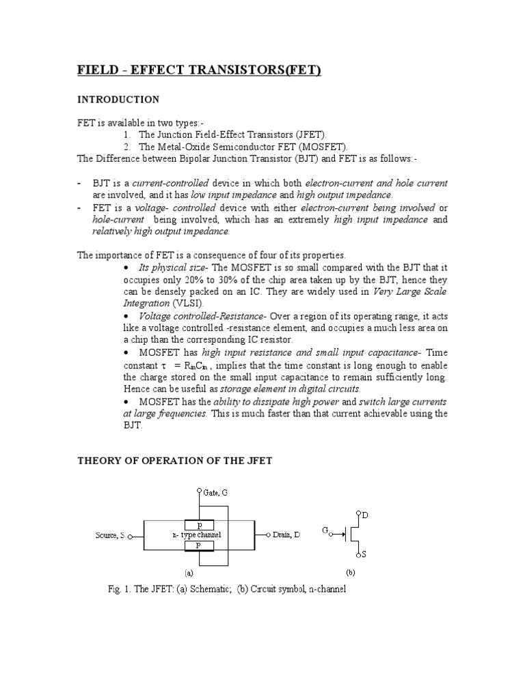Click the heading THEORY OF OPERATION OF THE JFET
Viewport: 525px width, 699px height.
pos(174,461)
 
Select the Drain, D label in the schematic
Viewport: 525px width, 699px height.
pos(286,536)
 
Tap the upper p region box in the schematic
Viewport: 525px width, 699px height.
pos(200,525)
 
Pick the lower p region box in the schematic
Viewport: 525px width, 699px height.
pos(200,546)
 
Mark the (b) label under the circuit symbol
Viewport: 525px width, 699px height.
pos(351,573)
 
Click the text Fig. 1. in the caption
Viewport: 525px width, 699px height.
pos(121,588)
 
